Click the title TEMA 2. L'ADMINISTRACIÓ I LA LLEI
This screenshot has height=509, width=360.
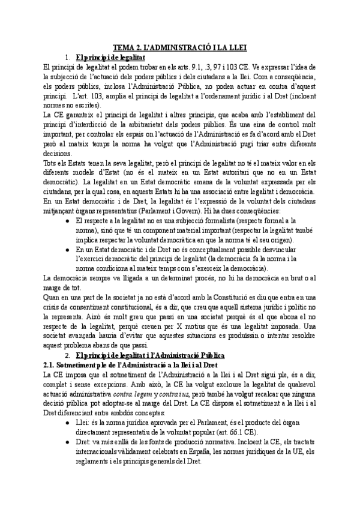coord(180,46)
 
